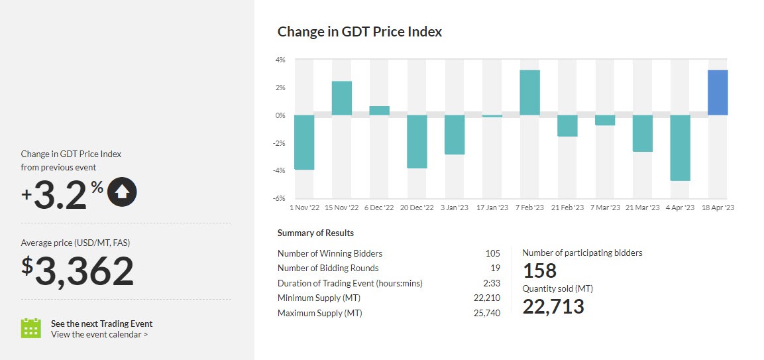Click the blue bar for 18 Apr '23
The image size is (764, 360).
718,93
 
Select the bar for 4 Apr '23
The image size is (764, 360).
681,148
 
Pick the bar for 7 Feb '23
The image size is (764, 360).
529,93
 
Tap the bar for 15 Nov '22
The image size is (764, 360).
341,98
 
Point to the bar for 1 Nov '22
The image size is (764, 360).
303,143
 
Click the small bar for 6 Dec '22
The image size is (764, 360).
379,111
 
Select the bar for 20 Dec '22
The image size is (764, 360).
417,142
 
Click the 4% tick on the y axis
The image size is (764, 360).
280,60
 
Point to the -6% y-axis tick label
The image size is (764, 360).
279,198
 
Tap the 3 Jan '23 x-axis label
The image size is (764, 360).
453,208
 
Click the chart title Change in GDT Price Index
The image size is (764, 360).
359,32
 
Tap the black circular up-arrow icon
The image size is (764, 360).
122,193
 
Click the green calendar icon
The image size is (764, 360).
31,329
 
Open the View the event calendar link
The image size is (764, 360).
99,335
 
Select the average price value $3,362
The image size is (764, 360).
78,270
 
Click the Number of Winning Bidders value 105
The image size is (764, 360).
492,253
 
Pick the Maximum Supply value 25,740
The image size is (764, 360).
487,313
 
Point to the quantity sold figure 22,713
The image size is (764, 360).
553,306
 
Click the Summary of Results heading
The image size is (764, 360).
315,233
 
